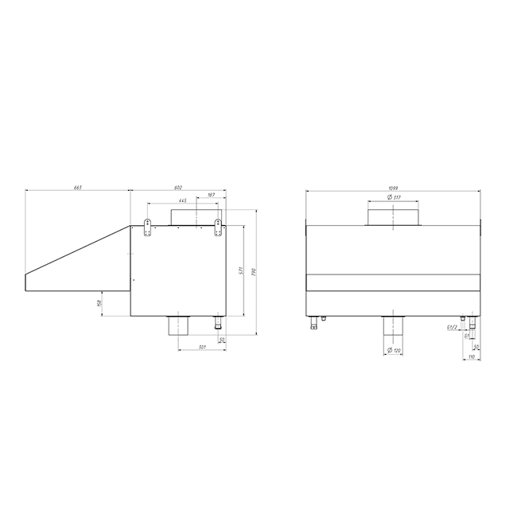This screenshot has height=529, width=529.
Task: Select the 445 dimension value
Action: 183,200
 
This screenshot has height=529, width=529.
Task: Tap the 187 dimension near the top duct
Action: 211,195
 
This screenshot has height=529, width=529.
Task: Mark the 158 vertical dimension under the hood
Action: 99,303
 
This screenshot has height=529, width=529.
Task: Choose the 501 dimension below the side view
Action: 204,347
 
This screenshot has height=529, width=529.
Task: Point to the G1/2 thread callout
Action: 450,327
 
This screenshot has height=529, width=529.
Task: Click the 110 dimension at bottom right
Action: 471,357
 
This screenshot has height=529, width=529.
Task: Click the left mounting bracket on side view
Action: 147,227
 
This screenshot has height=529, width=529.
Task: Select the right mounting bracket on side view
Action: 217,227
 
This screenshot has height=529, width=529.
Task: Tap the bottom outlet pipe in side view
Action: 177,326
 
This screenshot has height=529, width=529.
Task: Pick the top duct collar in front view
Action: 392,215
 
